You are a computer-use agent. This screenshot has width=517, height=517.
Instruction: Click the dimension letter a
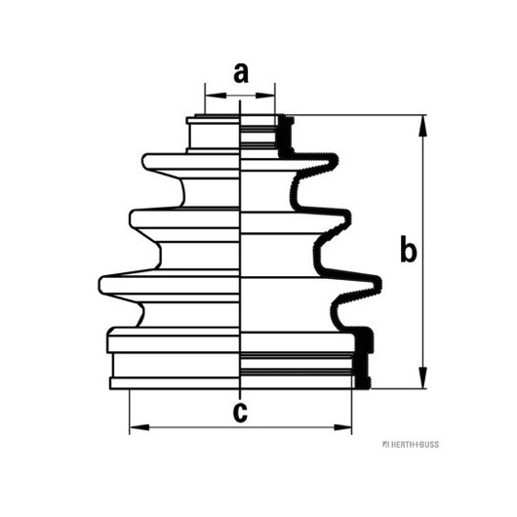point(241,73)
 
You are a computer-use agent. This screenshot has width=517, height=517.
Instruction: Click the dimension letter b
point(408,249)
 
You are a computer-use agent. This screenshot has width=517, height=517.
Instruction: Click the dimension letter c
point(240,412)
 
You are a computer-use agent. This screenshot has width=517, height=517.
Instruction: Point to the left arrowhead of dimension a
point(216,96)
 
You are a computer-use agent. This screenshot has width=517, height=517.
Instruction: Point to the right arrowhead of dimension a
point(265,96)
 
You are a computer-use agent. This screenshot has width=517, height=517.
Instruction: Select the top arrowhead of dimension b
point(422,126)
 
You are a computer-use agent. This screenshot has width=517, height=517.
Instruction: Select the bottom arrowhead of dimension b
point(422,378)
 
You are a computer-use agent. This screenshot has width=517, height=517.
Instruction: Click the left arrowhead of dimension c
point(139,427)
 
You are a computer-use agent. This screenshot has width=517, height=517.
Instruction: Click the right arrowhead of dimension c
point(342,427)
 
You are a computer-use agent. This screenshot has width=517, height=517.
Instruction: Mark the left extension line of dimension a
point(205,99)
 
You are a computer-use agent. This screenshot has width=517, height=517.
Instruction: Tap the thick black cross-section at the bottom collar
point(363,358)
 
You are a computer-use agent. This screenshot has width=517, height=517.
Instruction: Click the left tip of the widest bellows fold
point(99,285)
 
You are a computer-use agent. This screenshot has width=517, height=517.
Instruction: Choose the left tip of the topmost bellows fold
point(143,161)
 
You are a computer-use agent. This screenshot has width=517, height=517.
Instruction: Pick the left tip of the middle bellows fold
point(131,219)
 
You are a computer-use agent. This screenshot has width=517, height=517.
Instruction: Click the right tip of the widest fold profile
point(381,284)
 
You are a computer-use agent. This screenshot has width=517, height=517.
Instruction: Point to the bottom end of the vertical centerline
point(240,399)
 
